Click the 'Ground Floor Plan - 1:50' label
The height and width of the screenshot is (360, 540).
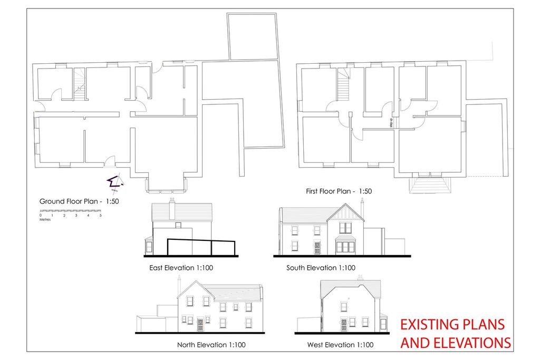pos(79,201)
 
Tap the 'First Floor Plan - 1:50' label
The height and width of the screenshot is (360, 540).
pos(339,191)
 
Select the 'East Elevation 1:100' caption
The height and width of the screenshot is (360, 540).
pos(181,268)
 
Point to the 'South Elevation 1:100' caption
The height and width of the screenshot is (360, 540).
pos(321,268)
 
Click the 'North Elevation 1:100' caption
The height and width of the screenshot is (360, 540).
pos(211,345)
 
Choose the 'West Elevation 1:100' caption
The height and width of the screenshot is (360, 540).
pos(340,345)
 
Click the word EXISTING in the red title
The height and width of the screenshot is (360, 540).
pos(432,324)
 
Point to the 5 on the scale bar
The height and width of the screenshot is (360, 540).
pos(100,216)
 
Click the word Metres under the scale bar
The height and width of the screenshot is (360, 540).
pos(45,220)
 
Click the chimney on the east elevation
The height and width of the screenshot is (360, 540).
pos(172,209)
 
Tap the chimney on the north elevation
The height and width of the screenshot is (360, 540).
pos(179,285)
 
